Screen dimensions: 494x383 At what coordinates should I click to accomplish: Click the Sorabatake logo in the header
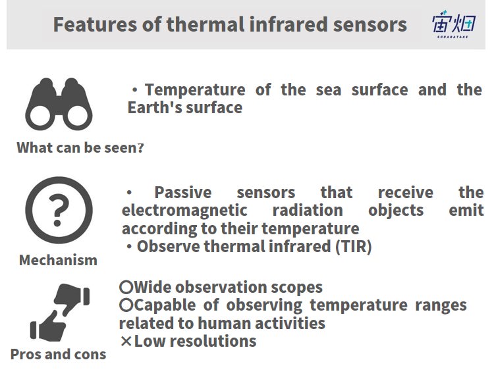click(x=454, y=24)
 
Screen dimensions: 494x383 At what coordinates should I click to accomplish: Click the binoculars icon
click(x=59, y=104)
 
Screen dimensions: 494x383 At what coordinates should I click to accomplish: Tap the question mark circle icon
click(x=59, y=210)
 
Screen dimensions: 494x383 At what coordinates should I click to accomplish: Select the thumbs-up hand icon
click(x=47, y=326)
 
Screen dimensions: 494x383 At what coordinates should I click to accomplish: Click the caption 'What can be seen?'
click(x=80, y=147)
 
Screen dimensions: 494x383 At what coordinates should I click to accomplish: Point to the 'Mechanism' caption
click(x=58, y=260)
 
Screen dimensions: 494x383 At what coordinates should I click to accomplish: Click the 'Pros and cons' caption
click(x=58, y=354)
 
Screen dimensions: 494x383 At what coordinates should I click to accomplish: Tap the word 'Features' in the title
click(x=95, y=24)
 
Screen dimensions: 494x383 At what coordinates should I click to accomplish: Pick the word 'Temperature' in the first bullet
click(x=195, y=90)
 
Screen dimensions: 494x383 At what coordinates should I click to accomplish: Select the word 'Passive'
click(x=183, y=193)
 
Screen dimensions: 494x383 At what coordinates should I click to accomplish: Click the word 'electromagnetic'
click(x=184, y=211)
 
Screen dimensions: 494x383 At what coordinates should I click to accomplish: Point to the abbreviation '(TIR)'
click(x=354, y=246)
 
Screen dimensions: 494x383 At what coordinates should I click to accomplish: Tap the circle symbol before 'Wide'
click(x=126, y=287)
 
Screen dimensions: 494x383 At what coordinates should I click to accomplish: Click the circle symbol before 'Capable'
click(x=126, y=305)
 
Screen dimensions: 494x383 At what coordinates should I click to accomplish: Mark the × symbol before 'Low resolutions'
click(x=126, y=341)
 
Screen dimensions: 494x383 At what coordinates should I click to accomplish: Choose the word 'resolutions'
click(x=213, y=341)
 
